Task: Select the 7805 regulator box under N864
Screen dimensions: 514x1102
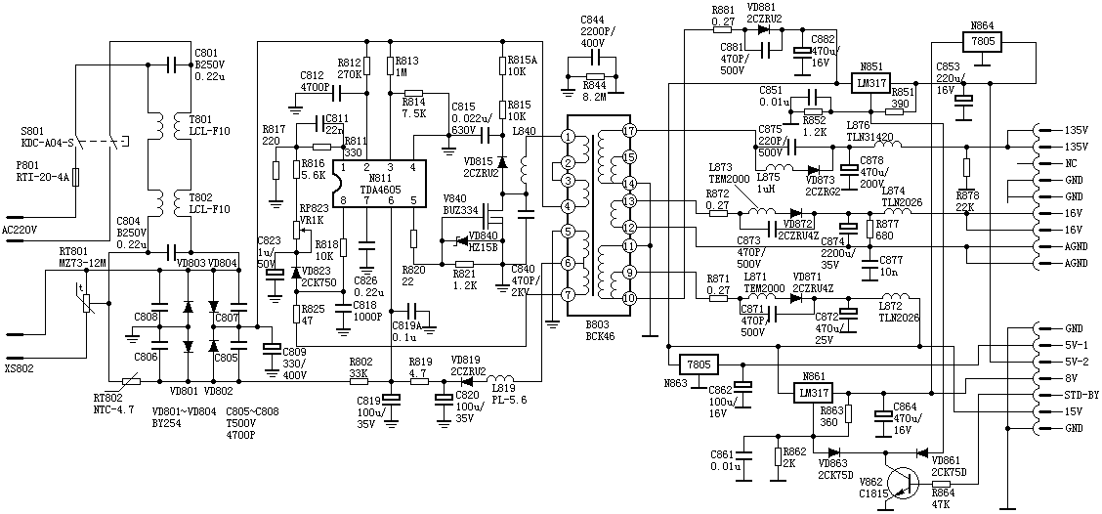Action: tap(982, 42)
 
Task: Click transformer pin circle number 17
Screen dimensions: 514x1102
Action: tap(629, 130)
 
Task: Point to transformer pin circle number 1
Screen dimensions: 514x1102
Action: tap(568, 137)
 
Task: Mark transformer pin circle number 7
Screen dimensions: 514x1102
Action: tap(568, 293)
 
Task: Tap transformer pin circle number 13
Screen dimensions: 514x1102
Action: tap(629, 200)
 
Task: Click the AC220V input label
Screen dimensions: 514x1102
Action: tap(21, 229)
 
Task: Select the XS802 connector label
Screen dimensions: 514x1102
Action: tap(19, 370)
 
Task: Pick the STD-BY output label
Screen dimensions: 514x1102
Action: tap(1078, 395)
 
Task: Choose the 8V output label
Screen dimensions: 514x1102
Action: tap(1071, 378)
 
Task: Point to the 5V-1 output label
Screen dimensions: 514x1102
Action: tap(1076, 345)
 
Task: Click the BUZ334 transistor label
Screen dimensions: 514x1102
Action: tap(461, 209)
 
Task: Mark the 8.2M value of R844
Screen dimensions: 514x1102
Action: tap(592, 97)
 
